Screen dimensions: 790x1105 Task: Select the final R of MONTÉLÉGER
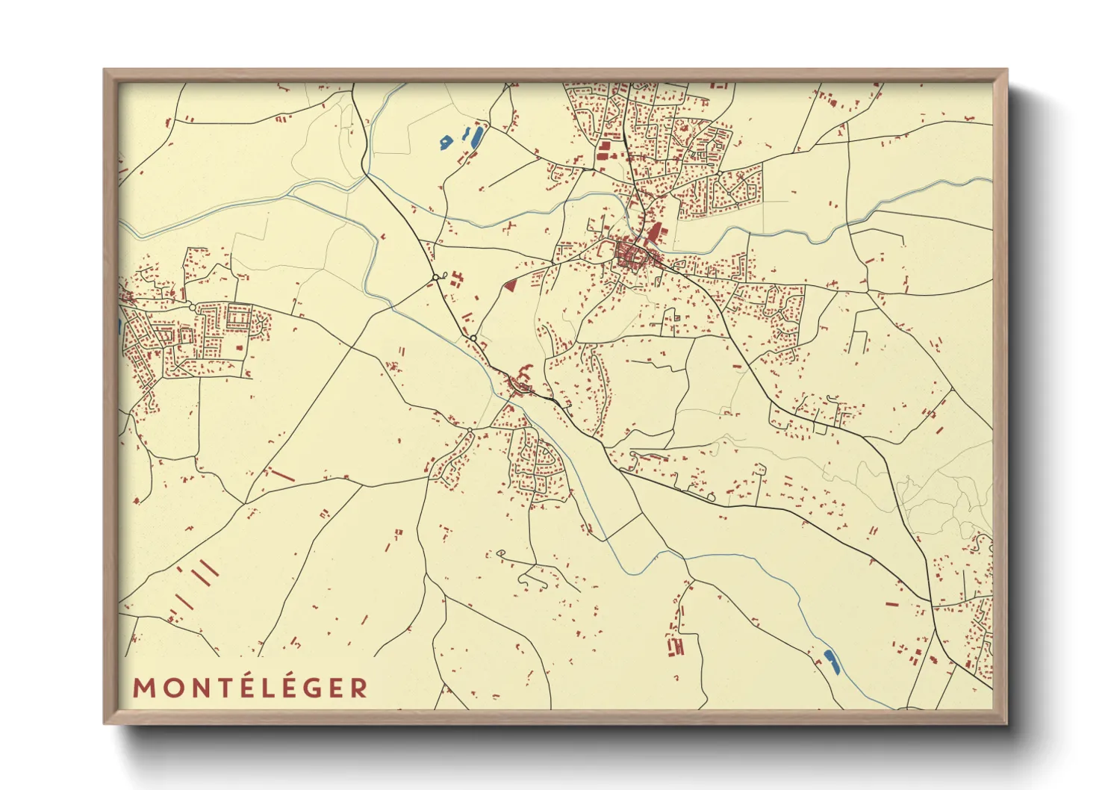coord(360,688)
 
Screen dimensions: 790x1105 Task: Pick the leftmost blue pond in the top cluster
coord(446,140)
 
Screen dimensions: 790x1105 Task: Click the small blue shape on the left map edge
coord(119,326)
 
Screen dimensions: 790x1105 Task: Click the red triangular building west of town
coord(511,284)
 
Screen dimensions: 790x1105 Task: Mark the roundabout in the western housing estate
coord(193,307)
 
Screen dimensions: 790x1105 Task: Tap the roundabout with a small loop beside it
coord(435,278)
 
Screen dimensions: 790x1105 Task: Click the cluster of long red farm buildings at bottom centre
coord(676,645)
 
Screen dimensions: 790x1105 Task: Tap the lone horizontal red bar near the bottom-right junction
coord(892,603)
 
